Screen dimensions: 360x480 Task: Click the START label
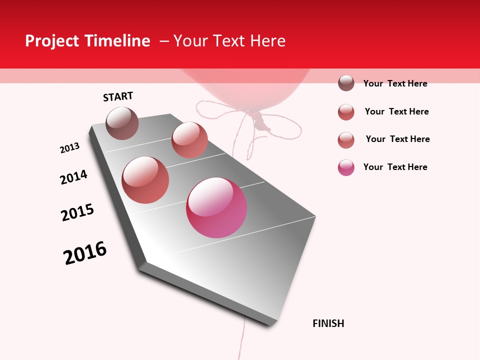(x=118, y=96)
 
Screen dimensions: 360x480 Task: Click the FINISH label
(x=328, y=323)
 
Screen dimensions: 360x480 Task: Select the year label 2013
(x=69, y=148)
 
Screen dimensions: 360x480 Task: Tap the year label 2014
(x=73, y=177)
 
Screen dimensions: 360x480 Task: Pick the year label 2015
(x=77, y=212)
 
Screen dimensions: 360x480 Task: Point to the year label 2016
(x=85, y=253)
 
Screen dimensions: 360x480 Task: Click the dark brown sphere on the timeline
(x=122, y=123)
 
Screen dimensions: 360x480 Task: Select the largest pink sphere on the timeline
(x=216, y=207)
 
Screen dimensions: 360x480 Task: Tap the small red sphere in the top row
(x=189, y=139)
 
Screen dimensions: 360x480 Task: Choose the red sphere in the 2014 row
(x=145, y=179)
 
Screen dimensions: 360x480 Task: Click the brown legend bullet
(x=346, y=83)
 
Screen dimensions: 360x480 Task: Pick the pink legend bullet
(x=346, y=167)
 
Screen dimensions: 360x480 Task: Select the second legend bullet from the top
(x=346, y=112)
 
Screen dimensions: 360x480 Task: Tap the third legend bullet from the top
(x=346, y=140)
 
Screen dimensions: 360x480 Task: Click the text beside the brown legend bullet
(x=395, y=83)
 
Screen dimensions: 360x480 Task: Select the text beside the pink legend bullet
(x=395, y=167)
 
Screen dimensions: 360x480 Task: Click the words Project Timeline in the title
(x=87, y=41)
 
